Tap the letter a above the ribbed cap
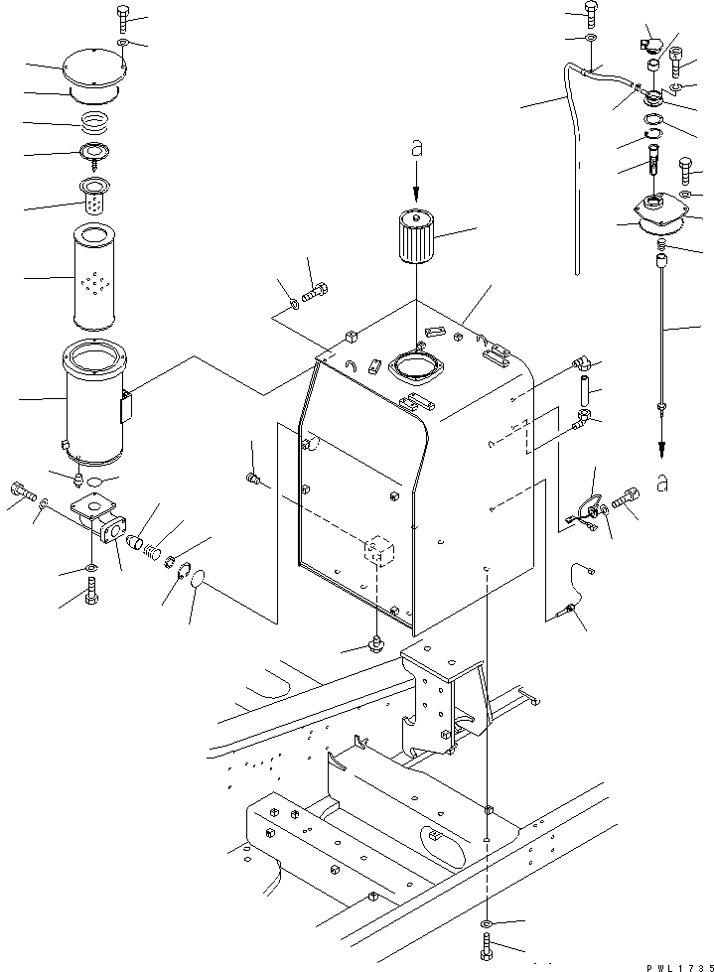click(x=417, y=151)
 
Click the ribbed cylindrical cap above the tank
click(x=417, y=236)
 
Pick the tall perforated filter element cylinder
click(x=95, y=276)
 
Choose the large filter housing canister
click(x=95, y=402)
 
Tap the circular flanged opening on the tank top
click(x=417, y=365)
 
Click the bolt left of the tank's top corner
click(x=316, y=293)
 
